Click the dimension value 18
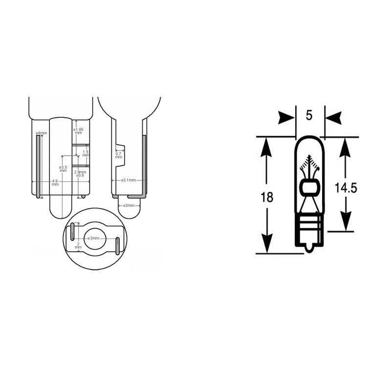click(x=267, y=197)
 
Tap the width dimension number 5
click(x=309, y=116)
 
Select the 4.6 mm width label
click(x=55, y=183)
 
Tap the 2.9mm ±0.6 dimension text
click(x=80, y=174)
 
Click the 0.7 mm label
click(x=118, y=156)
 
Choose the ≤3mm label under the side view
click(x=129, y=205)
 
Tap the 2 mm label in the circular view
click(x=78, y=246)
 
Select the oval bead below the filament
click(x=309, y=187)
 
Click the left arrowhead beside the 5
click(x=287, y=118)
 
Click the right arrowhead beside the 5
click(x=333, y=118)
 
